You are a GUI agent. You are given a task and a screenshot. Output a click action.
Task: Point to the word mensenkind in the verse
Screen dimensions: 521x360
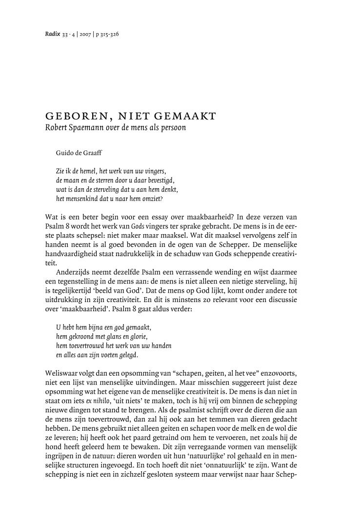80,199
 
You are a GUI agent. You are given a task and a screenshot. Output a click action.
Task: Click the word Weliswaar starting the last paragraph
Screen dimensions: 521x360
61,373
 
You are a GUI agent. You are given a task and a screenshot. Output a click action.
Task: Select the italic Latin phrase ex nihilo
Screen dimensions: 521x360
98,401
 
